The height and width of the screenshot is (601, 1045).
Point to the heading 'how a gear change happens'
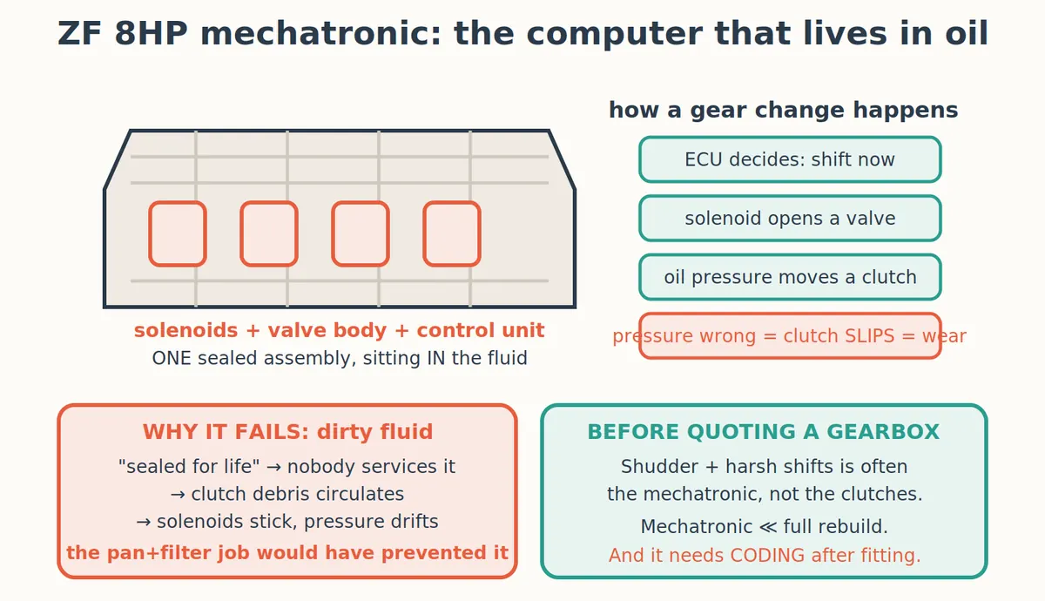(x=783, y=111)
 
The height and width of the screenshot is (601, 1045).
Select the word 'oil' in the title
(x=967, y=34)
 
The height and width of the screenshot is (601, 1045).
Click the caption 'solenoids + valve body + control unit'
(x=339, y=330)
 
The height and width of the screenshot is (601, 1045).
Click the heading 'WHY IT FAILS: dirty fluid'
(x=287, y=432)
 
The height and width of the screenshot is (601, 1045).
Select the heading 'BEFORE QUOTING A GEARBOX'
(x=763, y=432)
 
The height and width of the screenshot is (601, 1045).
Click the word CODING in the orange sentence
(x=768, y=556)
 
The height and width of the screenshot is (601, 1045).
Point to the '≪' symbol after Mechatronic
(x=768, y=527)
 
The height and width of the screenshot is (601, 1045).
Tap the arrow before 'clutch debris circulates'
(x=179, y=495)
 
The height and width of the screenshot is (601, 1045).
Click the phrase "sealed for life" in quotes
(x=189, y=467)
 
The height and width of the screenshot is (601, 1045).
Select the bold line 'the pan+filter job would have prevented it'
(x=287, y=553)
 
